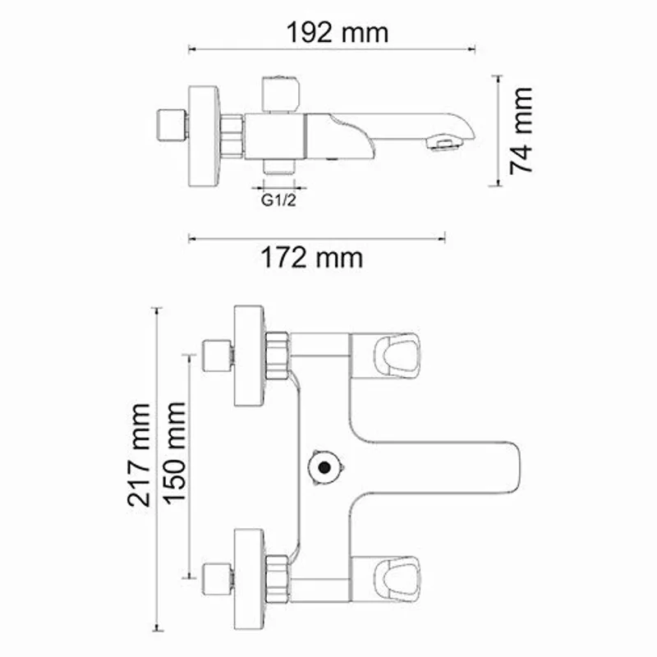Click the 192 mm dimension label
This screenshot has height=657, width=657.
click(x=337, y=32)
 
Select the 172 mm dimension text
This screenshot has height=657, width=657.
click(x=311, y=258)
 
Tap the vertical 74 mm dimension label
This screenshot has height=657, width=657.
click(x=521, y=130)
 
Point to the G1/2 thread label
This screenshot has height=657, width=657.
click(x=278, y=200)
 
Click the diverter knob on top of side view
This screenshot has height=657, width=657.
click(x=278, y=93)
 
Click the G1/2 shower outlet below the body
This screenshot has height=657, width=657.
click(x=278, y=168)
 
